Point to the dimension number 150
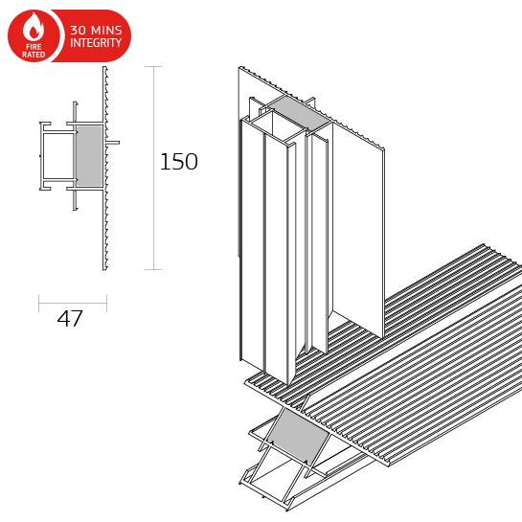[x=178, y=162]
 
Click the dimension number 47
[x=70, y=320]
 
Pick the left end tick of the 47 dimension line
[x=39, y=304]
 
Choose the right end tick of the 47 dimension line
[x=106, y=304]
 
